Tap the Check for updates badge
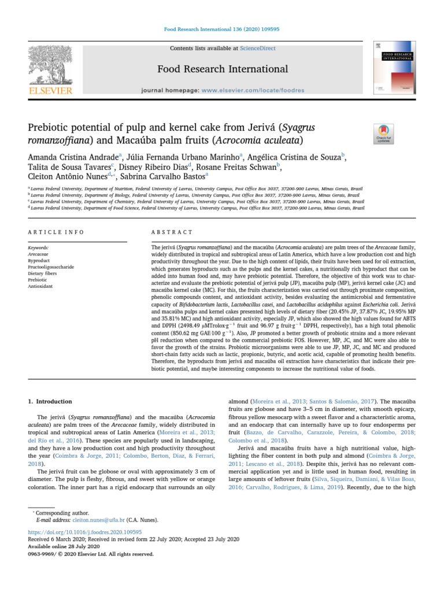click(x=384, y=134)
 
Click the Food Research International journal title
click(x=223, y=69)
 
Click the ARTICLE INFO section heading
click(x=56, y=232)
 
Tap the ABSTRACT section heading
click(x=172, y=232)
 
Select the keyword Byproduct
click(x=39, y=260)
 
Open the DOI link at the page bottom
click(x=84, y=532)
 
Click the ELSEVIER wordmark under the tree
click(x=51, y=91)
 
